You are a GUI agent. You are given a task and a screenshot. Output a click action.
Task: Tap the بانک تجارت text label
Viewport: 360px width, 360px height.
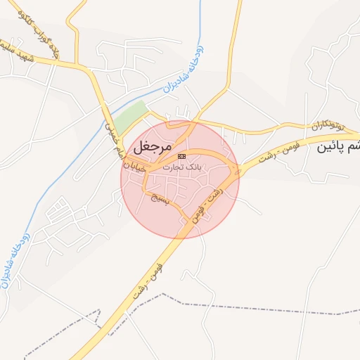[181, 167]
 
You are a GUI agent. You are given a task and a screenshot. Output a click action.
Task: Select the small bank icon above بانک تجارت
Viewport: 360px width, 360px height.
[182, 156]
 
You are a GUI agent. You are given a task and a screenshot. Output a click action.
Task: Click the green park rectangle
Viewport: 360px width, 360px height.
[131, 118]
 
